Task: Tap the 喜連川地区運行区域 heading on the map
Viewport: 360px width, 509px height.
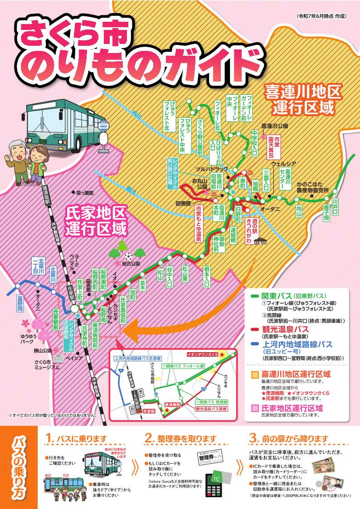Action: click(303, 99)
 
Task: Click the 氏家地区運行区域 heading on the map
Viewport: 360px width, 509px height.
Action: click(95, 221)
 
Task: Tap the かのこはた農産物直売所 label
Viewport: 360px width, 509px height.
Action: click(313, 188)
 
